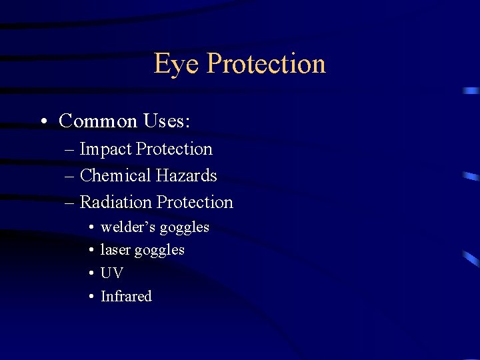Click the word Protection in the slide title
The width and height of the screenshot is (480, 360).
266,64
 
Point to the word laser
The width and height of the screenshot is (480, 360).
115,250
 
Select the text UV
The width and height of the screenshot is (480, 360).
111,273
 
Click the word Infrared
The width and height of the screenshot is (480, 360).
126,296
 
